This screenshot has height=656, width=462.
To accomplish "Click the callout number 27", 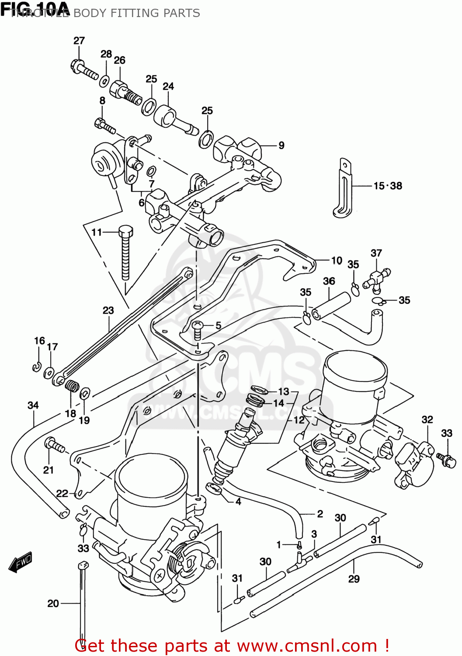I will point(79,41).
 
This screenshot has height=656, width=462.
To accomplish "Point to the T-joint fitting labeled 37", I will point(376,278).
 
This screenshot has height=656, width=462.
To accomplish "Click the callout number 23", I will point(108,311).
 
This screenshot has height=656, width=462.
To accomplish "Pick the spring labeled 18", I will point(72,386).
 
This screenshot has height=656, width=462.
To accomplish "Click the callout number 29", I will point(354,579).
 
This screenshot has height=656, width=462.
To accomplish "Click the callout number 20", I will point(53,604).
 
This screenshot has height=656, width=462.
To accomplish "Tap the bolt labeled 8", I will point(105,125).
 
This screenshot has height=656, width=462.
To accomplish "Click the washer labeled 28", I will point(104,81).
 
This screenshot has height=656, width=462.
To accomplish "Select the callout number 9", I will point(281,145).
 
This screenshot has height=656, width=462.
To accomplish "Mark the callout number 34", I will point(33,405).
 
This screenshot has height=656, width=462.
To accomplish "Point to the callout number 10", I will point(337,261).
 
